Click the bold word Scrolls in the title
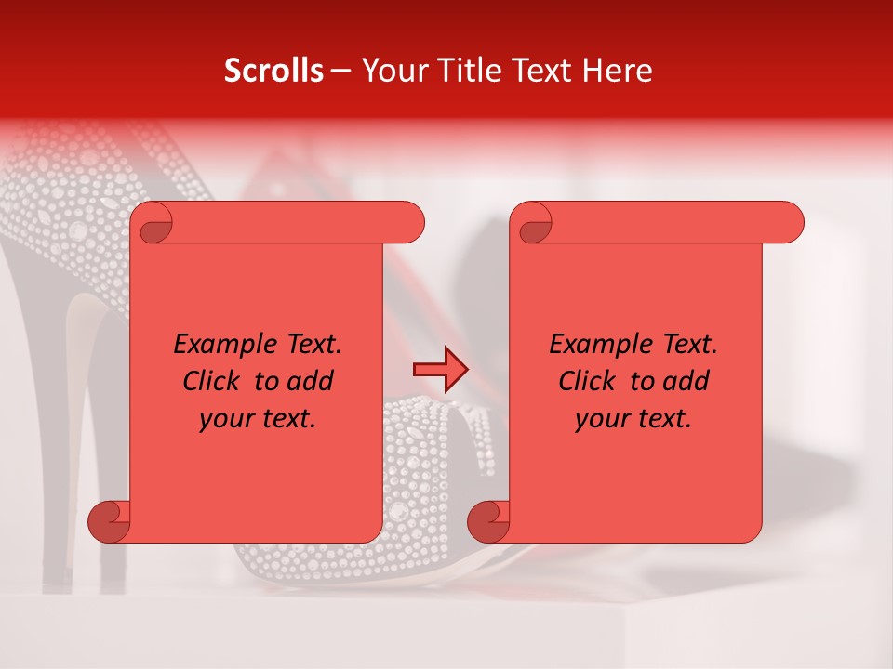273,71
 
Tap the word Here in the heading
618,71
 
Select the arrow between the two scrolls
440,370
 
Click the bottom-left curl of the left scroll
110,520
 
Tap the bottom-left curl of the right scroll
489,520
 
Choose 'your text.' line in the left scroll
258,418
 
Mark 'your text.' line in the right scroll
633,418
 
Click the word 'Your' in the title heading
392,71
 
